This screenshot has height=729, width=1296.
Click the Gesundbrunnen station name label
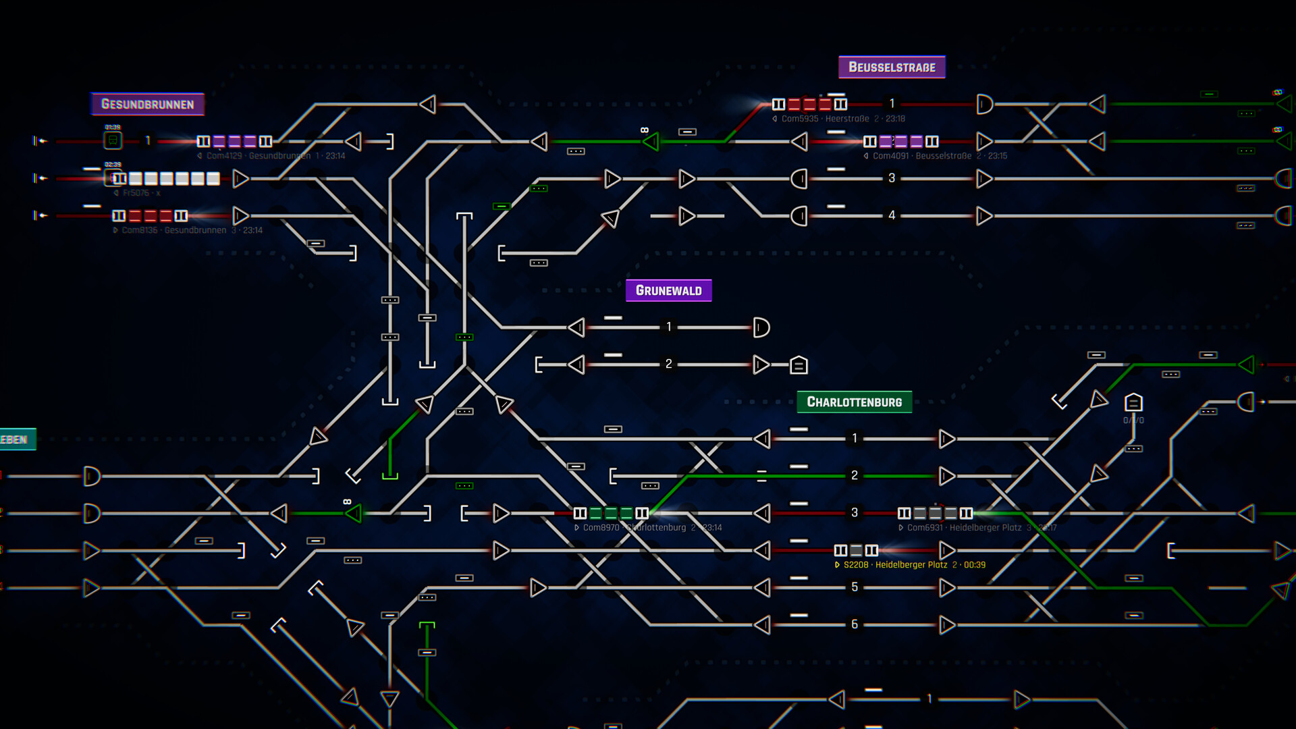pos(147,104)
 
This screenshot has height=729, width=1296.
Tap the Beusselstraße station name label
pos(892,67)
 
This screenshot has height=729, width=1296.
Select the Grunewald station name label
pos(668,291)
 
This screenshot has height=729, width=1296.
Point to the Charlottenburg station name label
pos(854,402)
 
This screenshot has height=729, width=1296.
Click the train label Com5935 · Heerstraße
pos(825,119)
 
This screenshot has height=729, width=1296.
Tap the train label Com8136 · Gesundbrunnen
pos(173,230)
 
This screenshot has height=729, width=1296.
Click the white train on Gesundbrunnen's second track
pos(166,179)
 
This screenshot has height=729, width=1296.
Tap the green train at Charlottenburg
pos(611,514)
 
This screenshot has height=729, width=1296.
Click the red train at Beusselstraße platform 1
pos(809,105)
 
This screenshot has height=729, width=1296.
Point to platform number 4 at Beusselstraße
pos(892,215)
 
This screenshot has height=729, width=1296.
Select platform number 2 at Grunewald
pos(668,364)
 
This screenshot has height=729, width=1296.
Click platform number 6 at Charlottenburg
pos(855,624)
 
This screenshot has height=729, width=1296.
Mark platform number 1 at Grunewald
pos(668,327)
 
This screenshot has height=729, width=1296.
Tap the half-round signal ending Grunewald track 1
pos(761,328)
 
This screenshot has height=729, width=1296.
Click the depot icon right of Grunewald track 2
pos(799,365)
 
